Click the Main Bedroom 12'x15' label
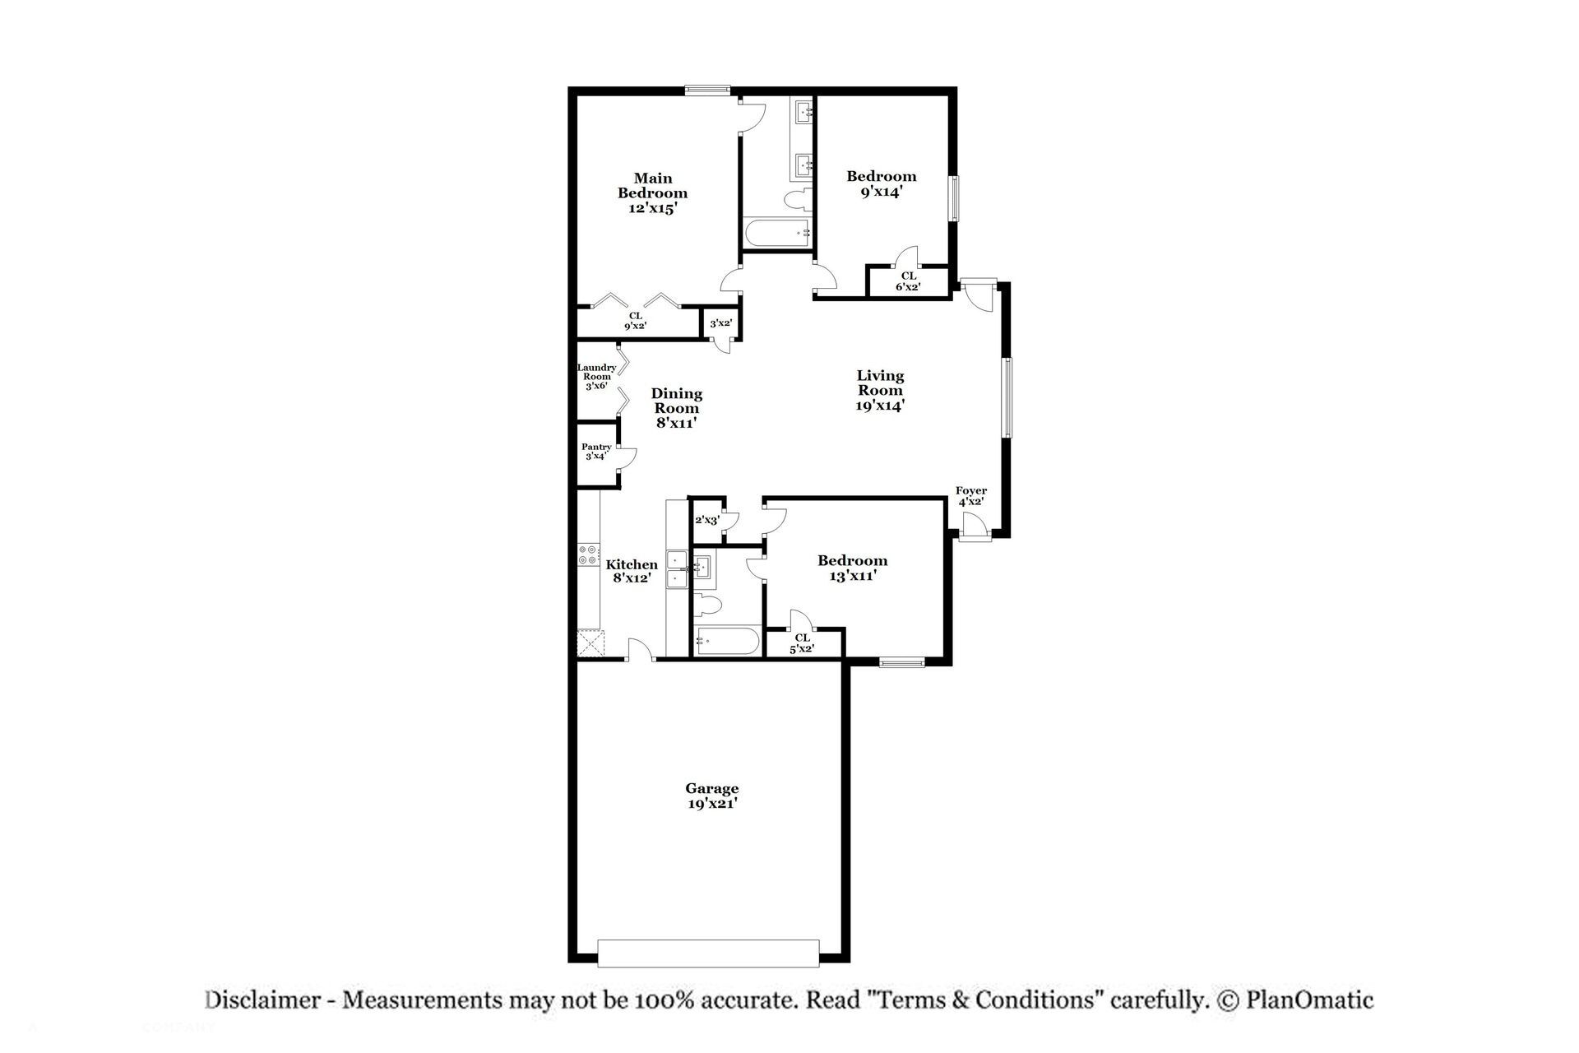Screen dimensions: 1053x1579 click(652, 193)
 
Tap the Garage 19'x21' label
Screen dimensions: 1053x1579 click(712, 796)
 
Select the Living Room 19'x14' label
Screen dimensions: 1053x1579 click(880, 390)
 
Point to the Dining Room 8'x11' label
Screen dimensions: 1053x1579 click(677, 408)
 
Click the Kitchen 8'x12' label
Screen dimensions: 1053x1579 click(632, 571)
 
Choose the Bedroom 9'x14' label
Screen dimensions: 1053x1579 click(882, 183)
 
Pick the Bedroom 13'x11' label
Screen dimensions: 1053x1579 click(852, 568)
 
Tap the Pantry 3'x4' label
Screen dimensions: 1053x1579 click(597, 452)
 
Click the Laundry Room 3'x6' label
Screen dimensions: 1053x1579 click(596, 377)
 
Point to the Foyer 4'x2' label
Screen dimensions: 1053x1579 click(971, 496)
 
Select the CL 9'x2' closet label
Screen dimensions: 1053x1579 click(636, 321)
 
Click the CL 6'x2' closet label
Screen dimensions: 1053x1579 click(908, 281)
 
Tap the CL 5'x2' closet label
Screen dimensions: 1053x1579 click(802, 643)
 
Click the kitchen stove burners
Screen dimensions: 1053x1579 click(588, 554)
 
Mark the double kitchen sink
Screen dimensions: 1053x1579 click(677, 569)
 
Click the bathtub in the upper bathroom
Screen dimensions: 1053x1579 click(777, 233)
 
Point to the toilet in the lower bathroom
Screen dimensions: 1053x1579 click(708, 606)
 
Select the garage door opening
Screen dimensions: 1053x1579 click(708, 953)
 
